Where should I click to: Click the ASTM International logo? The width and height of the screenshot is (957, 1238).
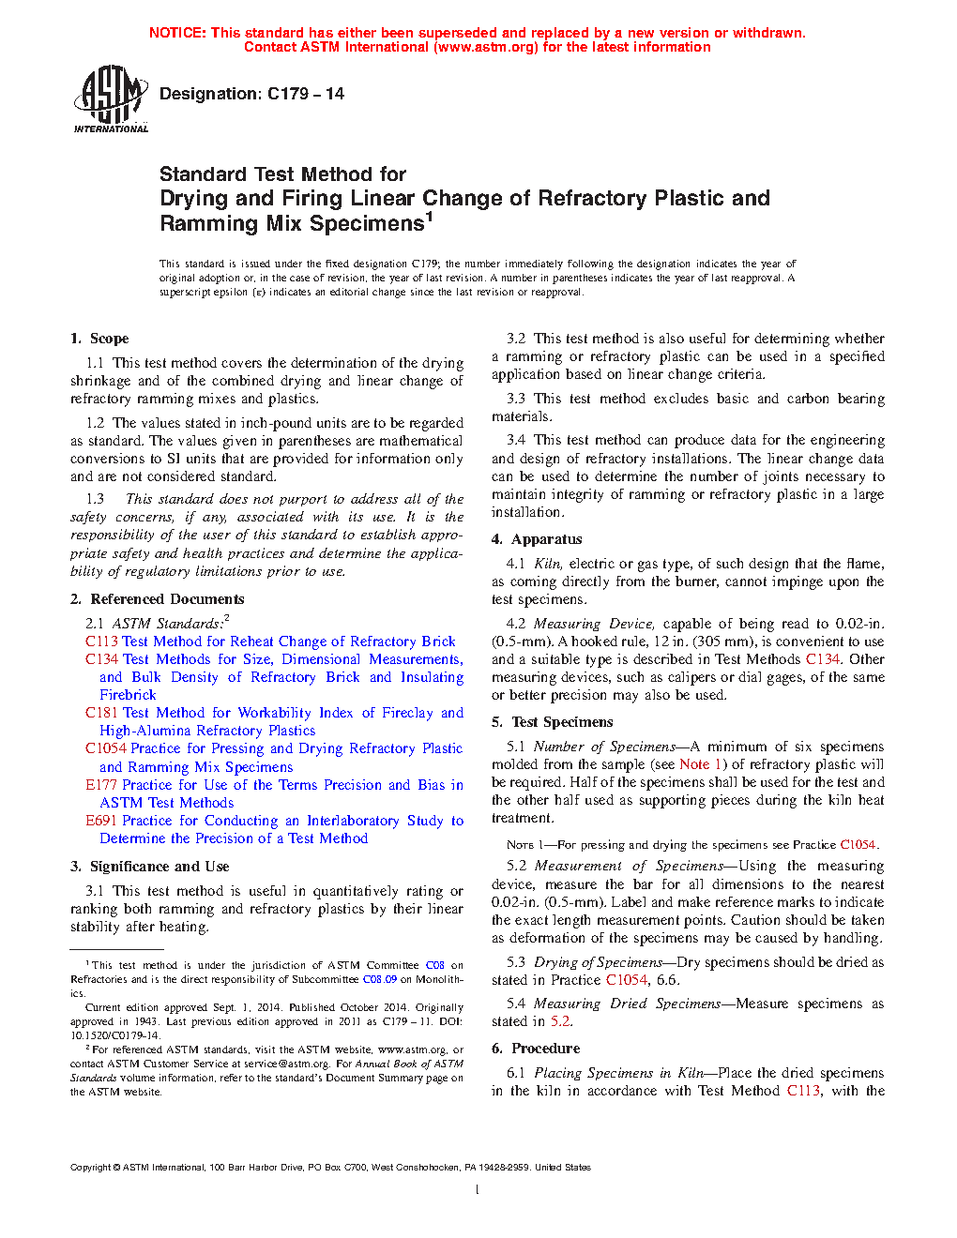tap(111, 98)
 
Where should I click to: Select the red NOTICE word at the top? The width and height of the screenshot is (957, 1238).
tap(177, 33)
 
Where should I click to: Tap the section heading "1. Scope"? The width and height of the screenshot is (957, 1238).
tap(99, 339)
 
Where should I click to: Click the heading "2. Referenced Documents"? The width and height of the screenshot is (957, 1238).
tap(158, 599)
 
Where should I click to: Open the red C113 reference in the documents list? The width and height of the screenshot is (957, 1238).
tap(101, 642)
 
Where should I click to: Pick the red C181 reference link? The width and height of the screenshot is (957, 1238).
tap(101, 713)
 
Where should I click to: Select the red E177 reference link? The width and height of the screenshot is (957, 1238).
tap(101, 785)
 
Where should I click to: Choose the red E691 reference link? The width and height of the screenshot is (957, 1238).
tap(101, 821)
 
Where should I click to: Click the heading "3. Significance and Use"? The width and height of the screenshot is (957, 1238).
tap(150, 867)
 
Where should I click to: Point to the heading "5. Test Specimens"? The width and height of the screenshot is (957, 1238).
tap(553, 722)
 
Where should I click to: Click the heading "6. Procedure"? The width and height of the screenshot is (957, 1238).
tap(536, 1049)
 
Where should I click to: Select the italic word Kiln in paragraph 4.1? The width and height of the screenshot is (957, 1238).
tap(548, 564)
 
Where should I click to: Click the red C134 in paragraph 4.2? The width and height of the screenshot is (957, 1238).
tap(823, 659)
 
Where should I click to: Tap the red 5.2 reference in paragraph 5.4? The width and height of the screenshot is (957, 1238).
tap(560, 1021)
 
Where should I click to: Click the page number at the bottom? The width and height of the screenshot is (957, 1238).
tap(478, 1190)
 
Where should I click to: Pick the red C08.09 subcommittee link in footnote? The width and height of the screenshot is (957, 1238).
tap(380, 979)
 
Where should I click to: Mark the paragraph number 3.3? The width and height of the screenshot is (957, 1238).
tap(516, 399)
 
